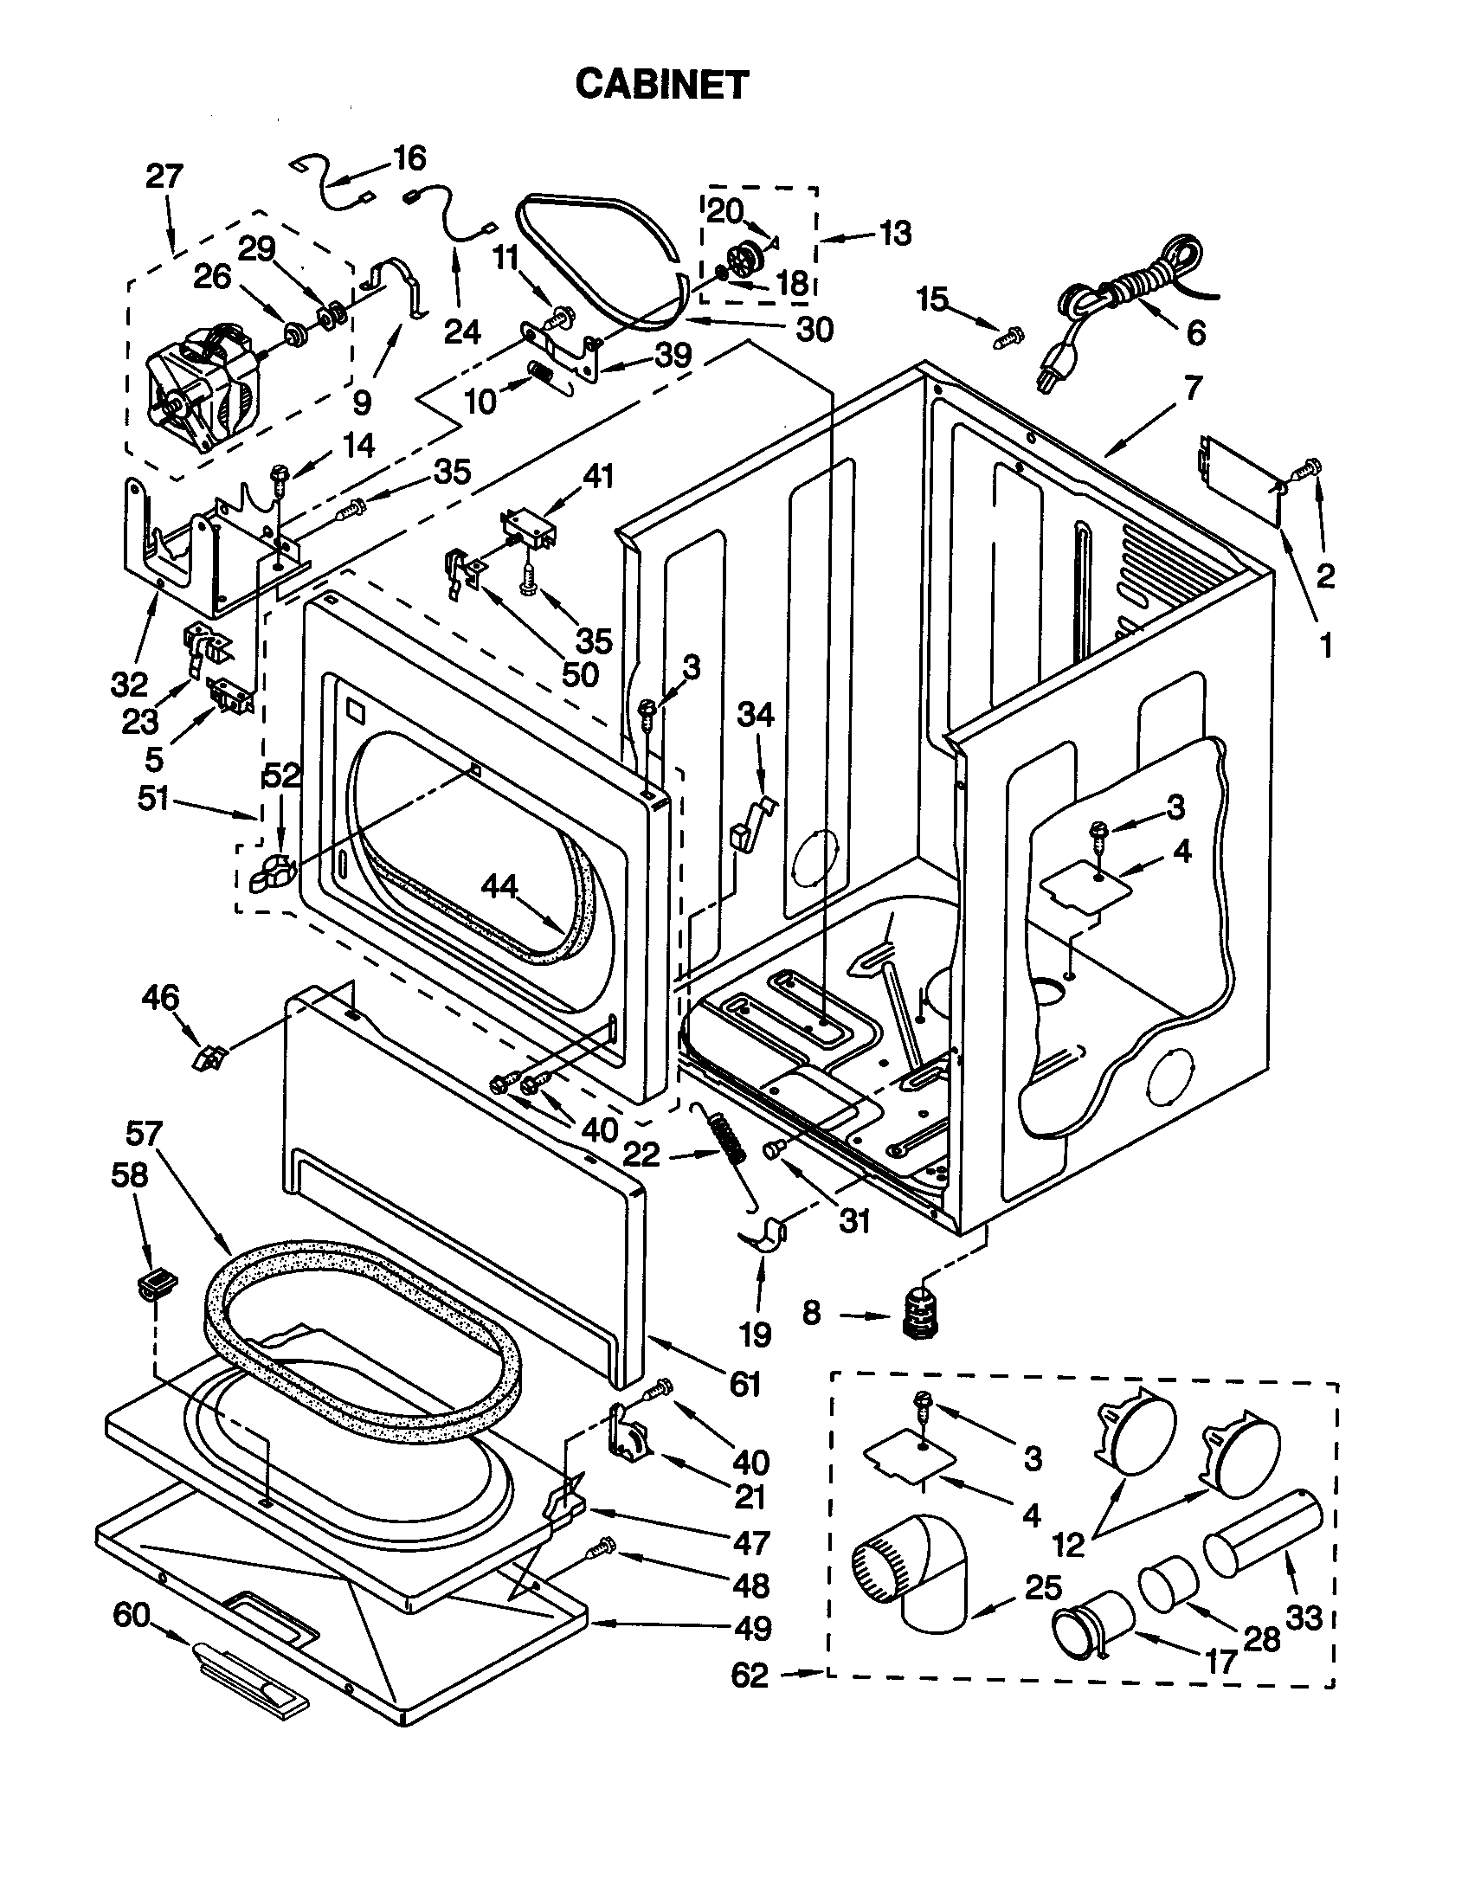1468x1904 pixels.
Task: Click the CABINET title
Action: (x=661, y=86)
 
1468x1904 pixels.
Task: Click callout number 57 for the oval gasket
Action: (x=144, y=1134)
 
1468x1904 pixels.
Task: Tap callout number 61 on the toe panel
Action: (x=745, y=1383)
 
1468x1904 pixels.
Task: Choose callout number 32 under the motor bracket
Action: (x=129, y=685)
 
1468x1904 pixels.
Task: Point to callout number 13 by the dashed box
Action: (x=895, y=233)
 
